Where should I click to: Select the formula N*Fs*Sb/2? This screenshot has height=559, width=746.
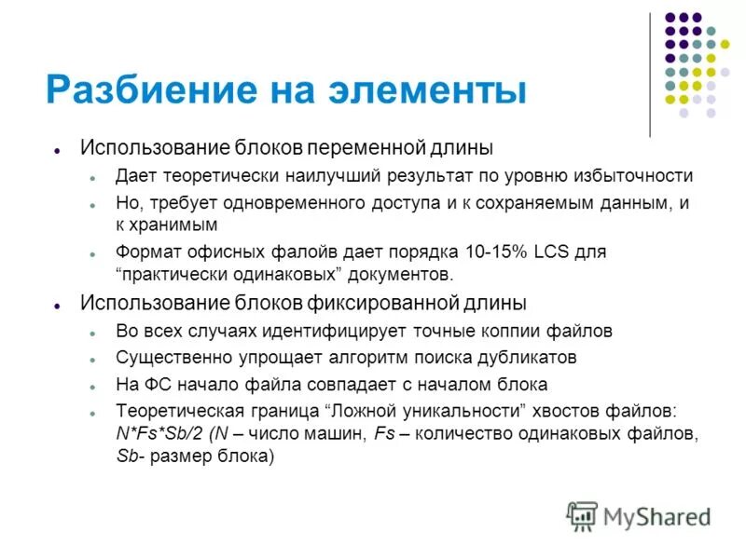click(x=159, y=433)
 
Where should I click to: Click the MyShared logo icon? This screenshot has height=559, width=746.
click(x=582, y=515)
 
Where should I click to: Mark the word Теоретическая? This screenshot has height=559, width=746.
click(x=173, y=411)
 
